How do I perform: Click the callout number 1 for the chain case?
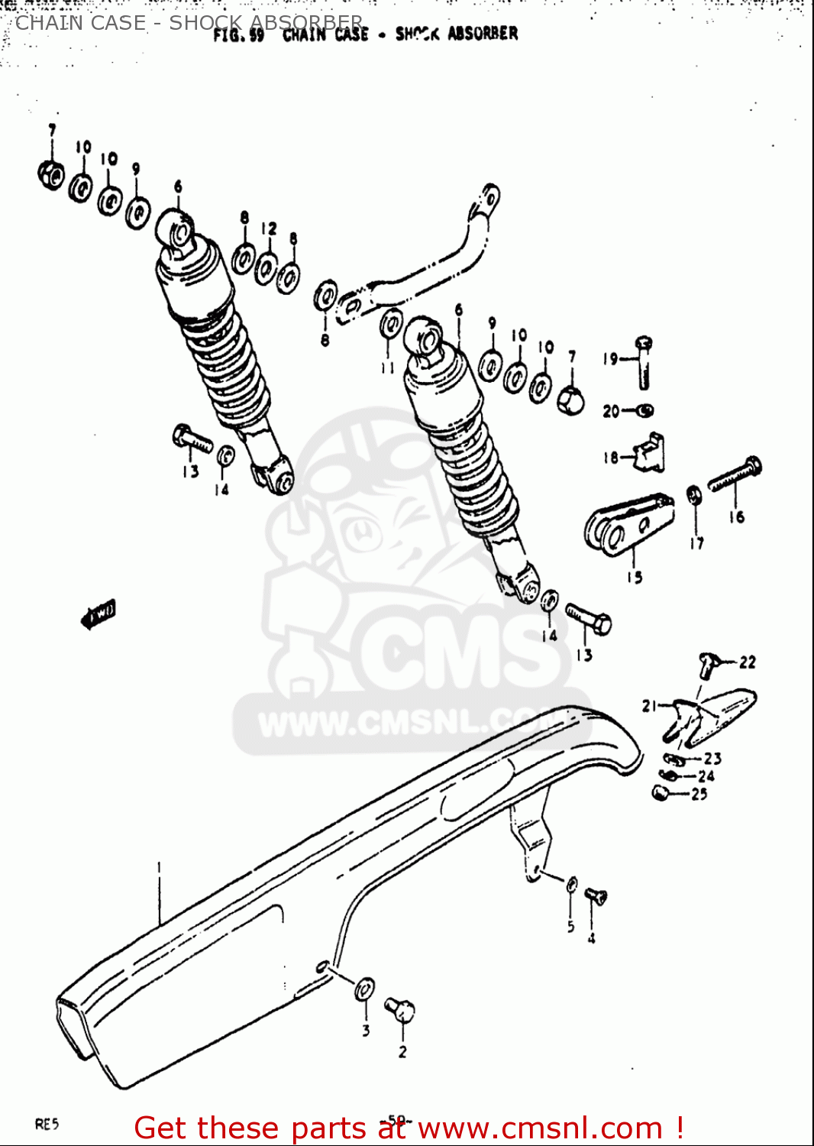click(159, 867)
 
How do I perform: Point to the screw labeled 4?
click(595, 897)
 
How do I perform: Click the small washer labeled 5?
click(572, 885)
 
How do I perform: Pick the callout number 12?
click(269, 228)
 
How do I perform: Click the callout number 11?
click(388, 367)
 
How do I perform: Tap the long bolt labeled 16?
click(734, 474)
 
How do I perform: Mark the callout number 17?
click(696, 543)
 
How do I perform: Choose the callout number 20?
click(611, 411)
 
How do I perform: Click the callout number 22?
click(747, 662)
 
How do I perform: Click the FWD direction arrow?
click(98, 613)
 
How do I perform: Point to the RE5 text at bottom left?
click(47, 1124)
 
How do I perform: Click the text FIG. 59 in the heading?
click(238, 35)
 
